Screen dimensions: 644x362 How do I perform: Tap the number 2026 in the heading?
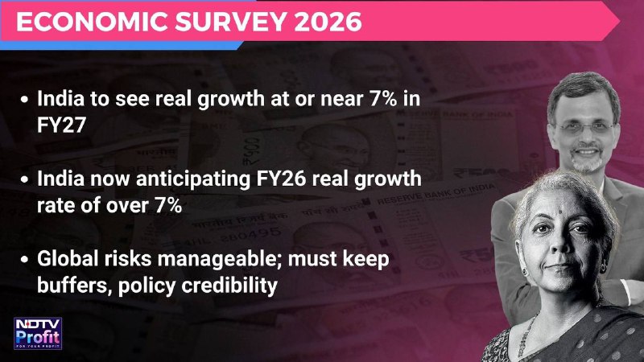328,22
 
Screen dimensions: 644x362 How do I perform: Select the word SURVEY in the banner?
230,22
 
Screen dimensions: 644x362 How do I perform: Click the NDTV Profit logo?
38,333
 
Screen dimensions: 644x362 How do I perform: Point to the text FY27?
61,125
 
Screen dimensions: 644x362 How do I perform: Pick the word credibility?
229,286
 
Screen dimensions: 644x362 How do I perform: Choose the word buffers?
74,286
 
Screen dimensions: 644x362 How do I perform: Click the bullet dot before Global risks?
25,260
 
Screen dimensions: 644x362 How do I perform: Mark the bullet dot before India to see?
25,99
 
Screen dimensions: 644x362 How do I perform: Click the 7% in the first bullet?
383,99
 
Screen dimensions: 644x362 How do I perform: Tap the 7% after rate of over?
168,206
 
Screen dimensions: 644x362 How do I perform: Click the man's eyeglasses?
584,129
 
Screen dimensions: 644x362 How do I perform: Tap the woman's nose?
559,243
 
